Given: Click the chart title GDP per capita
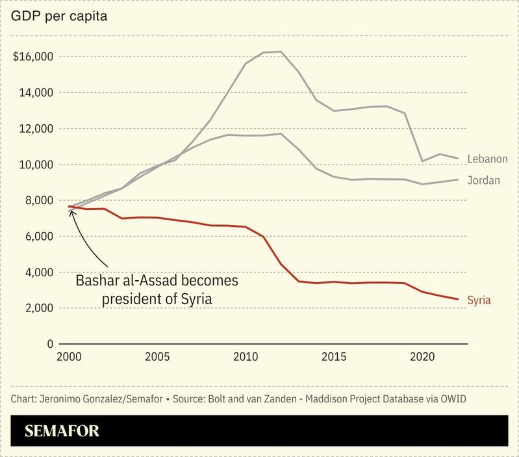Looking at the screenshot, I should [58, 16].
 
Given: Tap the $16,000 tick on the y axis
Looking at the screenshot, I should [32, 57].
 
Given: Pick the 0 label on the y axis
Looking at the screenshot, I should [48, 344].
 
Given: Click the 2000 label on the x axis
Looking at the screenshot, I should [70, 357].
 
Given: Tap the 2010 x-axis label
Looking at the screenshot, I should [246, 357].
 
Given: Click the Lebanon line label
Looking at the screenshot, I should [487, 159].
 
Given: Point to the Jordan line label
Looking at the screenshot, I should [484, 180].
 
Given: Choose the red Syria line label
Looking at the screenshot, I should [479, 300].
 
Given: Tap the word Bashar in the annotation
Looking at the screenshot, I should [97, 281].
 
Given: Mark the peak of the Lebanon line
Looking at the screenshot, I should [281, 51].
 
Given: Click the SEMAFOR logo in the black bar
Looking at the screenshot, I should [62, 430].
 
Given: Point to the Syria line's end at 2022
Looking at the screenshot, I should [458, 299].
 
